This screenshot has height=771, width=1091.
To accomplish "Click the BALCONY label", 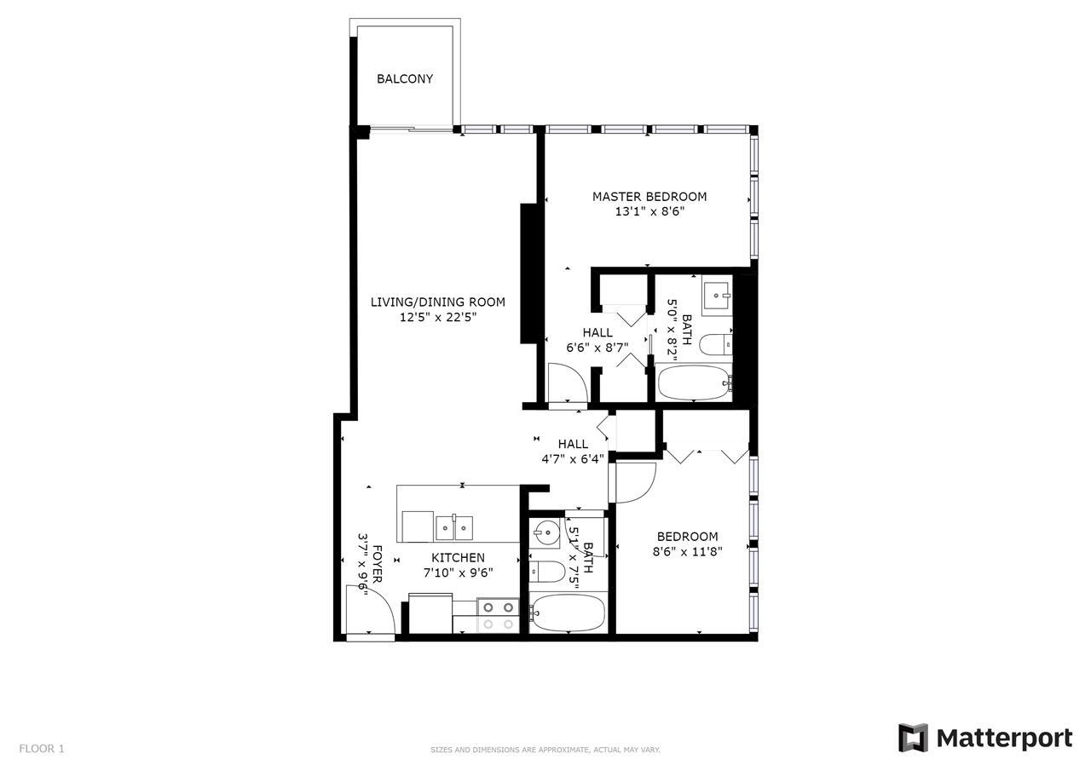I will coord(405,79).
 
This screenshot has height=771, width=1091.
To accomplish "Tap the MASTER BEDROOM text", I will coord(649,197).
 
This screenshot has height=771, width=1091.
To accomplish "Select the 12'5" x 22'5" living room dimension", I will coord(437,317).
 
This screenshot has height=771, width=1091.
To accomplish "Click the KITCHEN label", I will coord(458,558).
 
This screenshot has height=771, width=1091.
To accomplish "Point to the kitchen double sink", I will coord(454,528).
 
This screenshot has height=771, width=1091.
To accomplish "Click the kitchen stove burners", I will coord(498,615).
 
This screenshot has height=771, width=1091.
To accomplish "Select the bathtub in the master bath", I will coord(693,384).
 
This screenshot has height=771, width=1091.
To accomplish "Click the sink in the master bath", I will coord(715,295).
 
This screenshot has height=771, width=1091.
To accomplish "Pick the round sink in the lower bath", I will coord(545,534).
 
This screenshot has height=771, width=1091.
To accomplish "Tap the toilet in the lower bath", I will coord(545,571).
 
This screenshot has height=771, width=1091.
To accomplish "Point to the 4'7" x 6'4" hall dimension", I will coord(573,458).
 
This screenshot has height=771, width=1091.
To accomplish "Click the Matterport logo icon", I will coord(913,738).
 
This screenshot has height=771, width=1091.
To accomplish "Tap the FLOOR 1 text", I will coord(42,749).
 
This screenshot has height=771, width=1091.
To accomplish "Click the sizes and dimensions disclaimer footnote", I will coord(545,750).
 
